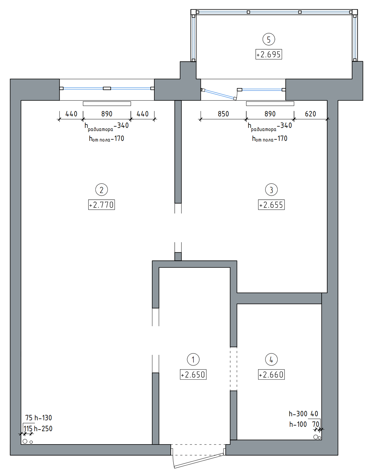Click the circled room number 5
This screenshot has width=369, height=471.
[x=269, y=39]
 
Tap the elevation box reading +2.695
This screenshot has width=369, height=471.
[x=269, y=54]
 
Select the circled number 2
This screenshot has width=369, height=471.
[x=101, y=190]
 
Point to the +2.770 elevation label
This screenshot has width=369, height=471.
[x=101, y=205]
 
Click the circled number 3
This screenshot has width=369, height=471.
[x=271, y=190]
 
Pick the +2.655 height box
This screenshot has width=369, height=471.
[x=271, y=205]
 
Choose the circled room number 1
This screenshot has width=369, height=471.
[x=193, y=360]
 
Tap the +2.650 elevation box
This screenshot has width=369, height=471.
[x=193, y=374]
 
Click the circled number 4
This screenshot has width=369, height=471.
[x=271, y=360]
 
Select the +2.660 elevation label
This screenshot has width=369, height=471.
[x=271, y=374]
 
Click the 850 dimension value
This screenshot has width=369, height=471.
[x=223, y=114]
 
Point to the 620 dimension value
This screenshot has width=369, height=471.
[x=310, y=114]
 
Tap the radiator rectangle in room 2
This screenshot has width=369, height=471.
[x=107, y=104]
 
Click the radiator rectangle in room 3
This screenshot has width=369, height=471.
[x=270, y=104]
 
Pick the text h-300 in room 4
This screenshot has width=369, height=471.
[x=298, y=414]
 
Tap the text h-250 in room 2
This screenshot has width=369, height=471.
[x=43, y=429]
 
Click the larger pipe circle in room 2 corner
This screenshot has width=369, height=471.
[x=25, y=441]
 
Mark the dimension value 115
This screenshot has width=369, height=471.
[x=28, y=429]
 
